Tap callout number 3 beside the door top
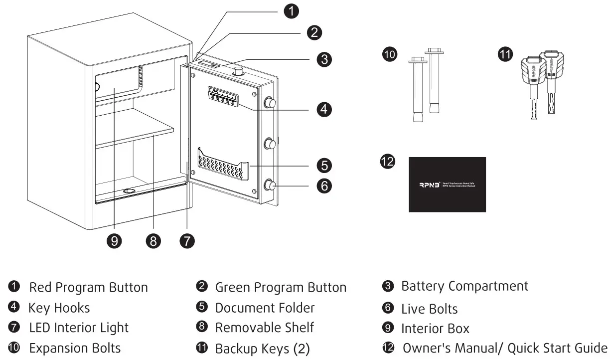click(324, 59)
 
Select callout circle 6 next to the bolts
click(324, 185)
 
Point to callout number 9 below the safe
click(115, 241)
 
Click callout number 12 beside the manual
click(388, 162)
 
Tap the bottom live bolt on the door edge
click(270, 185)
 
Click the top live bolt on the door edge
click(270, 103)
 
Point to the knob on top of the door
click(239, 71)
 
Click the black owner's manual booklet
click(447, 184)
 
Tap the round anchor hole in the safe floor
click(129, 191)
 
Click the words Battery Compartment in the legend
click(464, 286)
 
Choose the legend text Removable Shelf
click(264, 328)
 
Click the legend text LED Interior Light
click(79, 328)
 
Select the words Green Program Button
click(280, 287)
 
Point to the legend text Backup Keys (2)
click(262, 349)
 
